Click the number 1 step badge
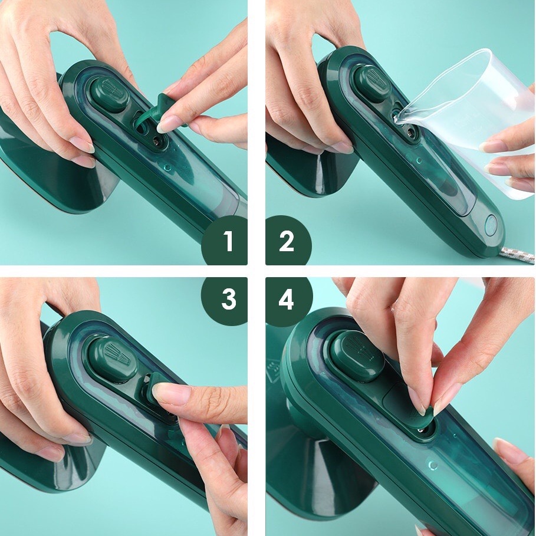pyautogui.click(x=228, y=241)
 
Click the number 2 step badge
pyautogui.click(x=287, y=241)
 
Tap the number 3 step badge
pyautogui.click(x=228, y=300)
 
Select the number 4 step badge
pyautogui.click(x=287, y=300)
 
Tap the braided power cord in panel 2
pyautogui.click(x=519, y=254)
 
